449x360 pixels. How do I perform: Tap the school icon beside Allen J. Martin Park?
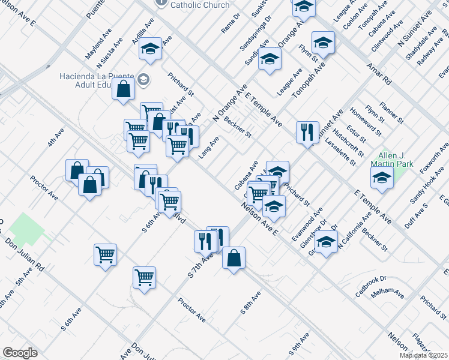381,178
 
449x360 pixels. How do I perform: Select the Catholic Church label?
200,5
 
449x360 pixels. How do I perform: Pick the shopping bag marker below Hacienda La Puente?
123,90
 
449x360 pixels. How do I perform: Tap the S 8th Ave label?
251,303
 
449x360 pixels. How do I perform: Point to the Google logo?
20,353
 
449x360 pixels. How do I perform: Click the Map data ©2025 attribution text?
423,355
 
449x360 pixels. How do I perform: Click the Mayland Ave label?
98,42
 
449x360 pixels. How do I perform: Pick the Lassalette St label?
341,154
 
